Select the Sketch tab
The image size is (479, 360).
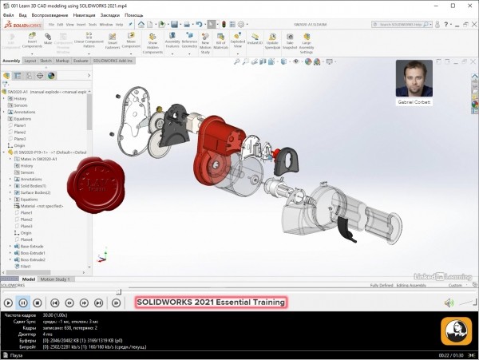[x=46, y=60]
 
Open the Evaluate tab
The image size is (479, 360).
[x=81, y=60]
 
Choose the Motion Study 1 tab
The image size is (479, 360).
[x=56, y=279]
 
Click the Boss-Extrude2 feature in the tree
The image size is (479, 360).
[x=33, y=260]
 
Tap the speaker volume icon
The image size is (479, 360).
[x=448, y=303]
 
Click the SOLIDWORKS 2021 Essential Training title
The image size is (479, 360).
[x=210, y=303]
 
